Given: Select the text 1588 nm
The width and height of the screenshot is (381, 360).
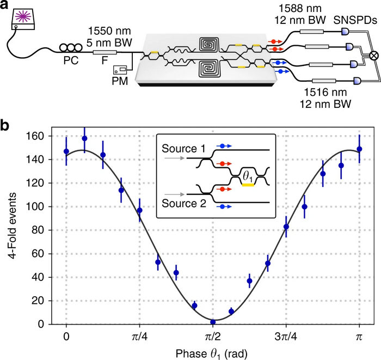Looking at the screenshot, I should tap(293, 8).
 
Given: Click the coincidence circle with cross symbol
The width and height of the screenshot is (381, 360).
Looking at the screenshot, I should tap(374, 56).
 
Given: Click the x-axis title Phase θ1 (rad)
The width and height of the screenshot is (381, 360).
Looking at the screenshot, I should tap(212, 353).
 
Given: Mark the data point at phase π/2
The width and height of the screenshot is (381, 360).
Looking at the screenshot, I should tap(213, 322).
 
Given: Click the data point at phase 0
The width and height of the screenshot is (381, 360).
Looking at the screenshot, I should tap(66, 151).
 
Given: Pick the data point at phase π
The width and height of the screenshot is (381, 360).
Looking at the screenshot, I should tap(359, 149).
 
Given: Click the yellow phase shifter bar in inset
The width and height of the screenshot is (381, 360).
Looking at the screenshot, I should tap(249, 185).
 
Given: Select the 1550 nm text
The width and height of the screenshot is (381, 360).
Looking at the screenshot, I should tap(104, 32).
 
